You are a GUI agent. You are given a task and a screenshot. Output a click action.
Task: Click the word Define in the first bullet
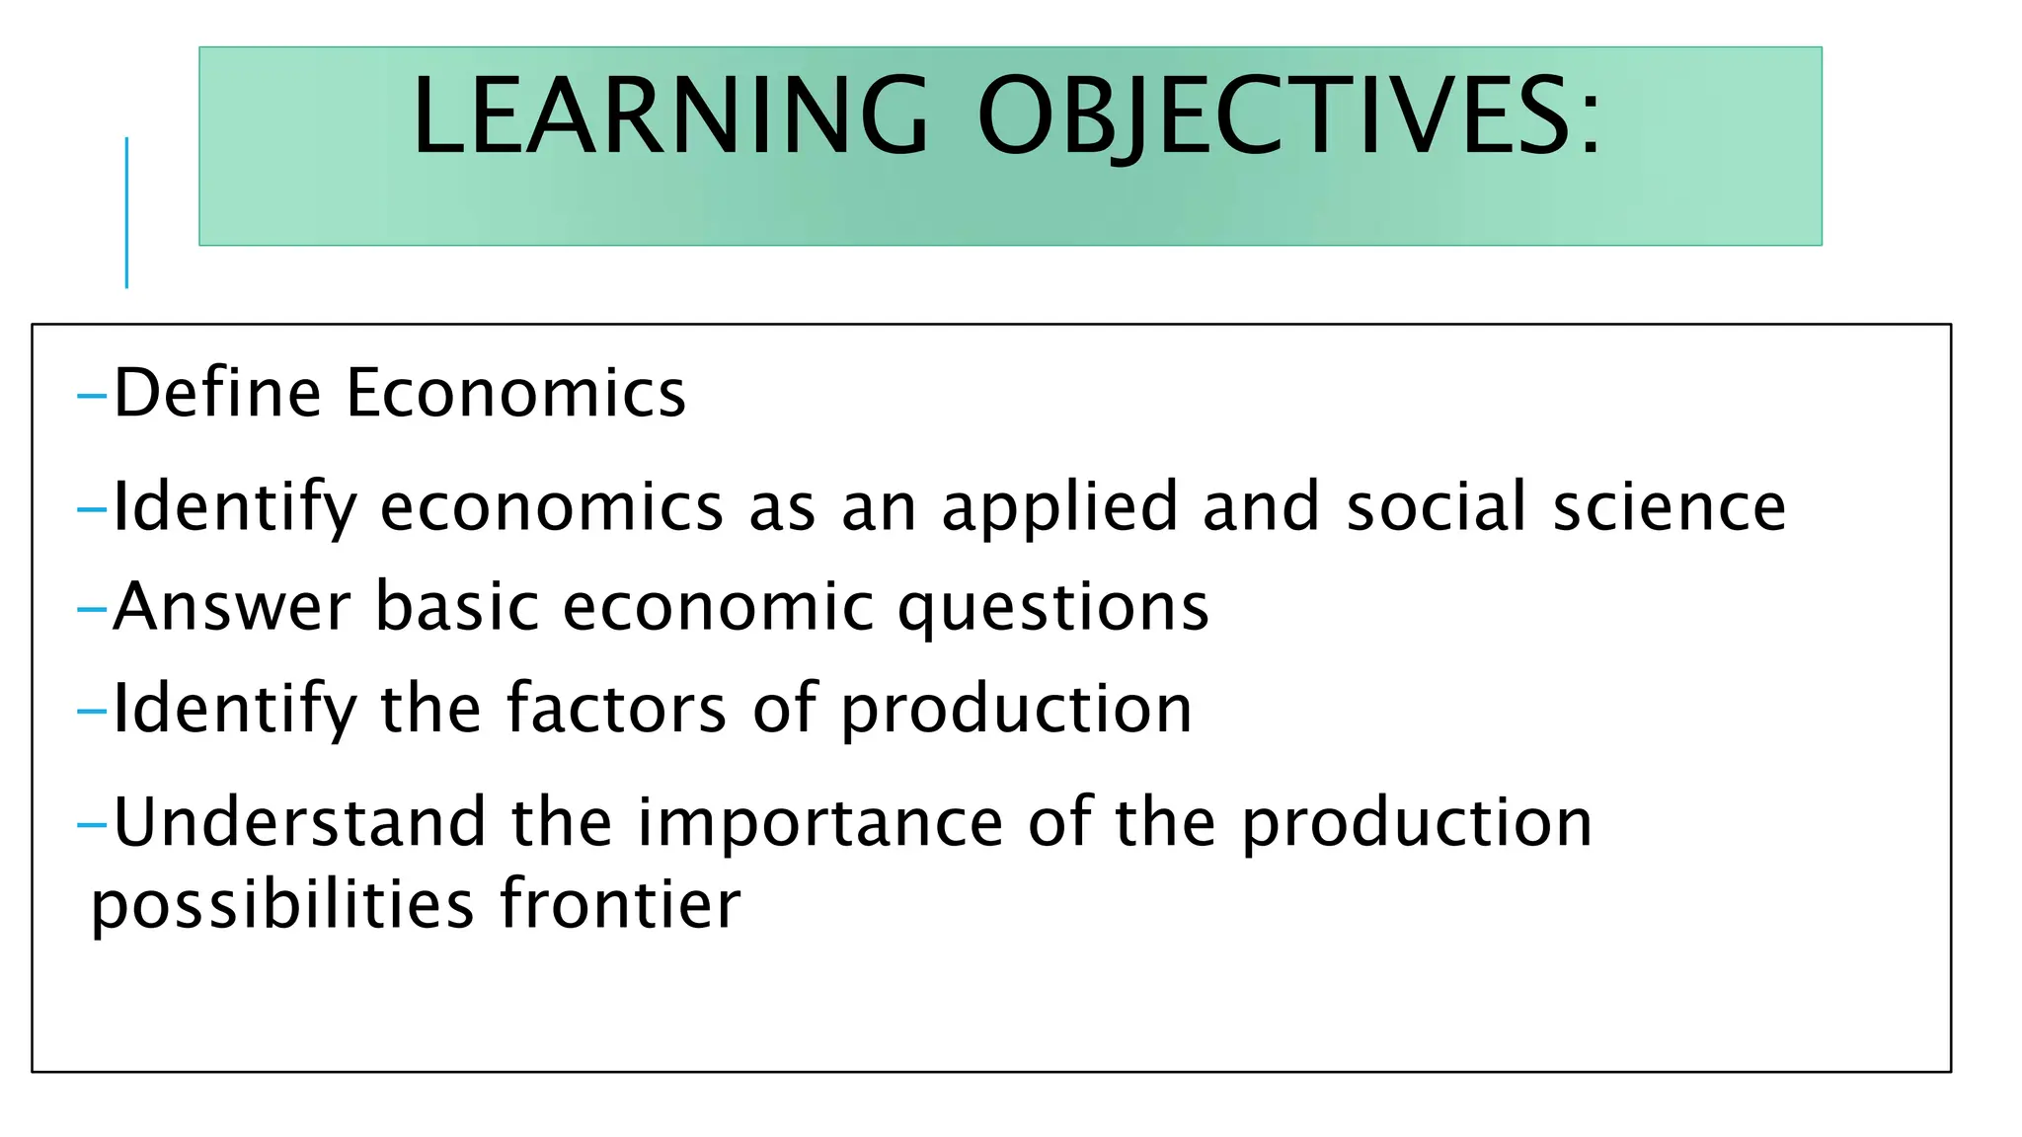coord(217,393)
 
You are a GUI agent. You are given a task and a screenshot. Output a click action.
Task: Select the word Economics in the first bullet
coord(515,393)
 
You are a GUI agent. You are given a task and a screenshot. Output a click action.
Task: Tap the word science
coord(1669,507)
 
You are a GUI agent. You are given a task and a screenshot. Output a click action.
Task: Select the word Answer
coord(232,606)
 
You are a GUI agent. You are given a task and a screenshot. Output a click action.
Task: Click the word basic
coord(457,606)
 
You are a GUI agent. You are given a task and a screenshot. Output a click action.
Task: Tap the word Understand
coord(300,822)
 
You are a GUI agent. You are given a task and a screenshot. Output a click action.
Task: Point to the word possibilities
coord(282,906)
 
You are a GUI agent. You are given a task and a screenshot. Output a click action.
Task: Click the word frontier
coord(620,904)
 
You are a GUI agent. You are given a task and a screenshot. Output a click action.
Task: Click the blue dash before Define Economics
coord(92,397)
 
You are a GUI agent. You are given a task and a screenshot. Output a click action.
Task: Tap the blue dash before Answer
coord(92,609)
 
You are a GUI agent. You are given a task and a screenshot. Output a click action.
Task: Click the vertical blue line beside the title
coord(126,212)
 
